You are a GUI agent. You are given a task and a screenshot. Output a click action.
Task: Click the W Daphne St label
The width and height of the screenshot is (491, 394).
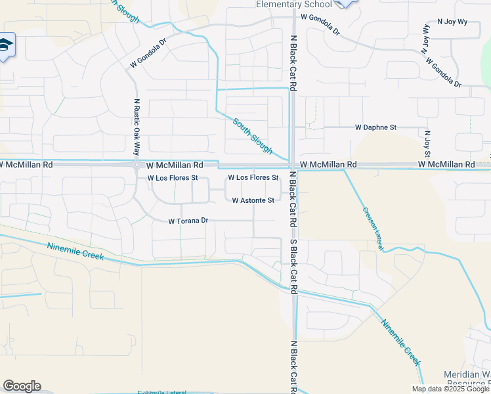point(376,127)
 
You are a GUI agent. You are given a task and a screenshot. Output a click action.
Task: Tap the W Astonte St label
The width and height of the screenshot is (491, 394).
point(253,200)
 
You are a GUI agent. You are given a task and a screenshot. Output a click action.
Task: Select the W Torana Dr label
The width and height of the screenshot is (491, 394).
point(188,221)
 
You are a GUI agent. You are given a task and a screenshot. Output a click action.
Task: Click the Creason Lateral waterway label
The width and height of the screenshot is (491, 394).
point(371,223)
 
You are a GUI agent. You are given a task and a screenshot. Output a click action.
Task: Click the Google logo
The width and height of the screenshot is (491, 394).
point(22,386)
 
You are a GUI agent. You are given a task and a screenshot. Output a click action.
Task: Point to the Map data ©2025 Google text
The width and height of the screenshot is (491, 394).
point(450,389)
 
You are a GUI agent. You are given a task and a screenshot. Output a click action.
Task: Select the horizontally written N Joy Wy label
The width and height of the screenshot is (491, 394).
point(452,20)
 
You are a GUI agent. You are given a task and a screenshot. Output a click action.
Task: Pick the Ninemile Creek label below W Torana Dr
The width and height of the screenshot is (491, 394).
point(75,251)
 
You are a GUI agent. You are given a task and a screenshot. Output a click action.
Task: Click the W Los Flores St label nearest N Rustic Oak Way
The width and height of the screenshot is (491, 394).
point(173,178)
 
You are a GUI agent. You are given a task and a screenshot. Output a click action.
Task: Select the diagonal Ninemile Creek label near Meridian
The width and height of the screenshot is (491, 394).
point(401,343)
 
